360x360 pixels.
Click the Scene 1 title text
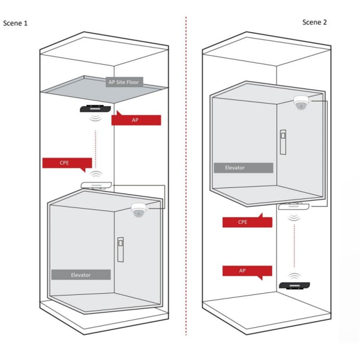tap(15, 23)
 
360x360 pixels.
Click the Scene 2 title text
tap(314, 22)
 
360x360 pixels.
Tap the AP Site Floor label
tap(124, 82)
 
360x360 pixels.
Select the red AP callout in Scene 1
tap(136, 119)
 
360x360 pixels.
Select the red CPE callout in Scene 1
tap(67, 163)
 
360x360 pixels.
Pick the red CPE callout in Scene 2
tap(247, 221)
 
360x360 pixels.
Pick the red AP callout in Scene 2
tap(247, 272)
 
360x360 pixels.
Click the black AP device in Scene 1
tap(95, 108)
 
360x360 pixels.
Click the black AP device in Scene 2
tap(294, 286)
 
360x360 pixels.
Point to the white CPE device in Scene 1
tap(96, 185)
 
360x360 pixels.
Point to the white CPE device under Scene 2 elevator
tap(294, 206)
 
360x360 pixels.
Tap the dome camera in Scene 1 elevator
tap(139, 210)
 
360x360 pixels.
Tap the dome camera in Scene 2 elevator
tap(301, 103)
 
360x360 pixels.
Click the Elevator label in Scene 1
tap(81, 274)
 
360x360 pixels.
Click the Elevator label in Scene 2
tap(243, 167)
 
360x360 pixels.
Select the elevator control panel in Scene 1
tap(121, 250)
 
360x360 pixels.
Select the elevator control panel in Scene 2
tap(283, 142)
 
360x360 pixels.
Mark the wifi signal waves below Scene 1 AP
tap(95, 118)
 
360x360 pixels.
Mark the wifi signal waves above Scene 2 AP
tap(295, 276)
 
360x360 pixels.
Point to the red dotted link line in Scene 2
tap(294, 246)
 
